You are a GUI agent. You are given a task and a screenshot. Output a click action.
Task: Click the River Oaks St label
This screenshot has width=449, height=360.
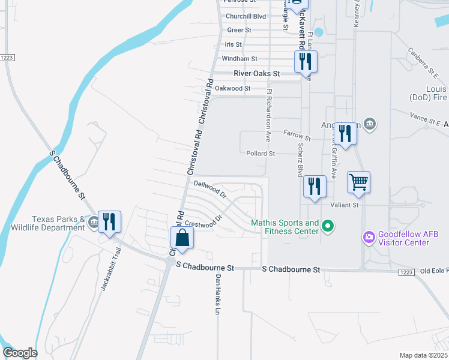257,73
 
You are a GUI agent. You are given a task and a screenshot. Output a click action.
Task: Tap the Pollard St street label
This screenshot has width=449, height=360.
261,154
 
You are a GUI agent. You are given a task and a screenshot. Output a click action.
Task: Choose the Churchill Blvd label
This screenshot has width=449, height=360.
246,16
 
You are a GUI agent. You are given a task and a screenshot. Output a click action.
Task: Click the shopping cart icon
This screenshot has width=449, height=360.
358,181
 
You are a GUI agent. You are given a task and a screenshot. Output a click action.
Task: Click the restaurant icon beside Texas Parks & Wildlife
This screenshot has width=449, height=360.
109,221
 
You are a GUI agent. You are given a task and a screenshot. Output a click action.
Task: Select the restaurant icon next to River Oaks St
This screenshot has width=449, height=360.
305,61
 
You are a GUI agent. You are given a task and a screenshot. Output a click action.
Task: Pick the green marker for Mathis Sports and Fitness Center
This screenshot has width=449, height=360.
328,226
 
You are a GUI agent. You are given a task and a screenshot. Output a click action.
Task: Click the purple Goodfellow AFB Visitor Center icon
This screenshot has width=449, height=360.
369,238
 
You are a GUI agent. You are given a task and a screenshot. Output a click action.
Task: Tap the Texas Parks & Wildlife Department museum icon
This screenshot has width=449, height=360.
94,223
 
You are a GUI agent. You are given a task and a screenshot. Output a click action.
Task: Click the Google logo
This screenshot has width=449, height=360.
20,353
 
